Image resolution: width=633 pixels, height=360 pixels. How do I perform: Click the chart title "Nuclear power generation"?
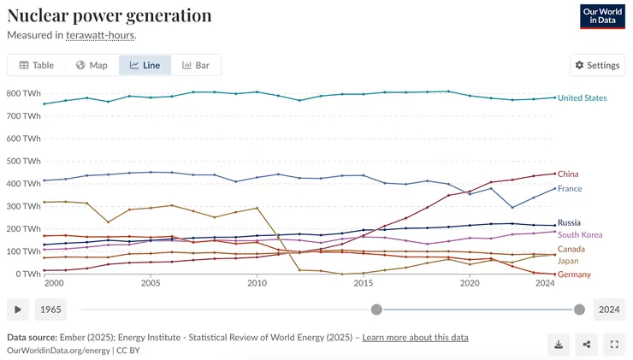[x=109, y=15]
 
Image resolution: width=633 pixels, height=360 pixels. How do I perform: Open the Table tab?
[x=37, y=65]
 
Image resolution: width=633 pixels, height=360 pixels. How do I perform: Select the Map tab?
[x=92, y=65]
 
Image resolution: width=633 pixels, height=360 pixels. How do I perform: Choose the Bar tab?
[x=196, y=65]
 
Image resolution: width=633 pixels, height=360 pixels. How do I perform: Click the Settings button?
[x=597, y=65]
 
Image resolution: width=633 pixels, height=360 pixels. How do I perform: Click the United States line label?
[x=582, y=98]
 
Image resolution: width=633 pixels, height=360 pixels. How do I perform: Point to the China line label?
[x=568, y=174]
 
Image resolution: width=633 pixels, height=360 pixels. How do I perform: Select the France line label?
[x=570, y=188]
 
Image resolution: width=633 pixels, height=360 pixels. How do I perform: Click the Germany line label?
[x=574, y=274]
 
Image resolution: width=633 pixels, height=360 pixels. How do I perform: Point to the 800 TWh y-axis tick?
[x=24, y=93]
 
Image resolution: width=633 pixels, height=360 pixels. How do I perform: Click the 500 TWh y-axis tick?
[x=24, y=161]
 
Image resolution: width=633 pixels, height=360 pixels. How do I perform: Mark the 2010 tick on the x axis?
[x=257, y=283]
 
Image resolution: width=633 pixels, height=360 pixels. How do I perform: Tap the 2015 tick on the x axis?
[x=364, y=283]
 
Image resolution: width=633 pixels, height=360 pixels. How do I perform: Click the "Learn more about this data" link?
[x=415, y=338]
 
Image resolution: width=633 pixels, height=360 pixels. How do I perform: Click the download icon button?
[x=559, y=345]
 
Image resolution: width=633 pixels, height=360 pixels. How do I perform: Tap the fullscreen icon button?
[x=614, y=345]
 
